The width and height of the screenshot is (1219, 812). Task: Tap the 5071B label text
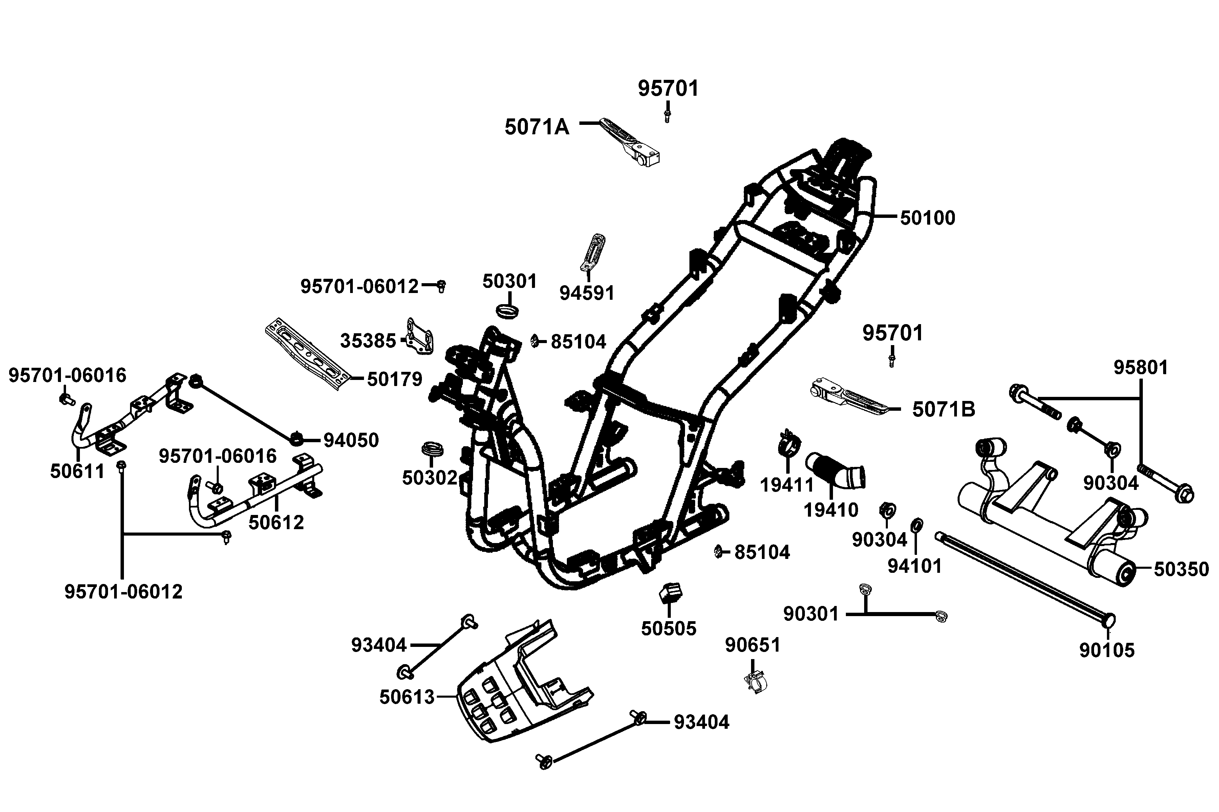point(943,410)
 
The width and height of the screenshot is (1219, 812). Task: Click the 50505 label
point(668,629)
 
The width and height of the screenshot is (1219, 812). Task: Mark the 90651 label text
point(752,645)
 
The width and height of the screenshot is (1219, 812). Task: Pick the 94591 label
point(587,293)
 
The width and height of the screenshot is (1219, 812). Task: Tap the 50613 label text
point(407,697)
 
